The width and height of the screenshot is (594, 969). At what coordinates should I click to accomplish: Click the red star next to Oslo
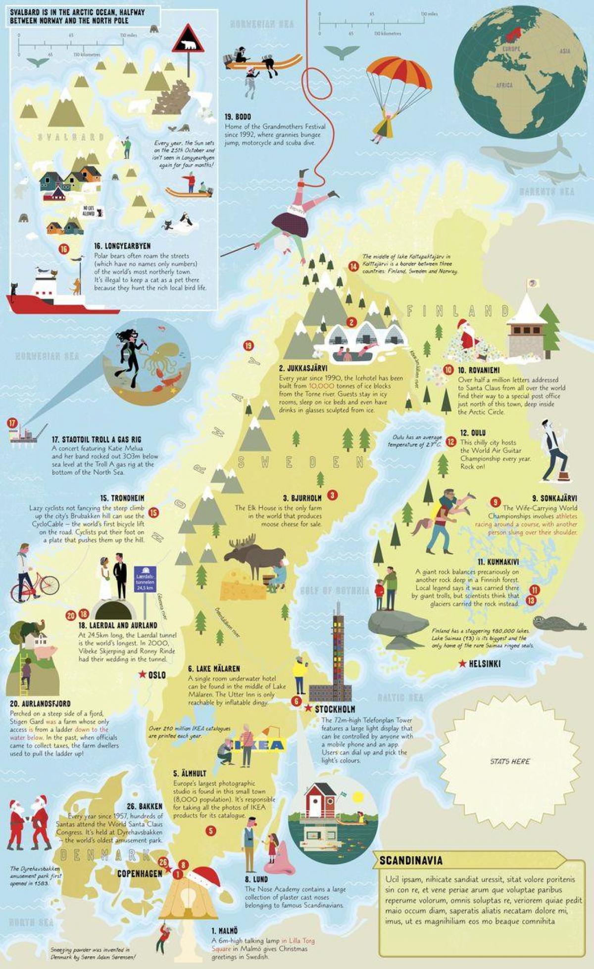click(143, 674)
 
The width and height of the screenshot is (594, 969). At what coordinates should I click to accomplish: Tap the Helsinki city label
click(486, 664)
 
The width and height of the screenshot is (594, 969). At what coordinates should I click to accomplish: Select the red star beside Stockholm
click(308, 709)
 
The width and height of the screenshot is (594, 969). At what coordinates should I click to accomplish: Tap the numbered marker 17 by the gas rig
click(12, 423)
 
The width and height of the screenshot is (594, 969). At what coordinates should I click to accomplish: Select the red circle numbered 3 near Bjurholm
click(332, 495)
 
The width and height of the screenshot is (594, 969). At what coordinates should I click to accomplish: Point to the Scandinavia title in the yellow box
click(411, 860)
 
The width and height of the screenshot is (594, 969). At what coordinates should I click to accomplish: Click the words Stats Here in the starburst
click(509, 761)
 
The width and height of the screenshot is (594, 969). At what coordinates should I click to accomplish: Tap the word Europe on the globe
click(511, 49)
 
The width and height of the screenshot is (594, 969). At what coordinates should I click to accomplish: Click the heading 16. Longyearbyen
click(122, 246)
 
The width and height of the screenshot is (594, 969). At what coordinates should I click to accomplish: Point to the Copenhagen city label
click(140, 874)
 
